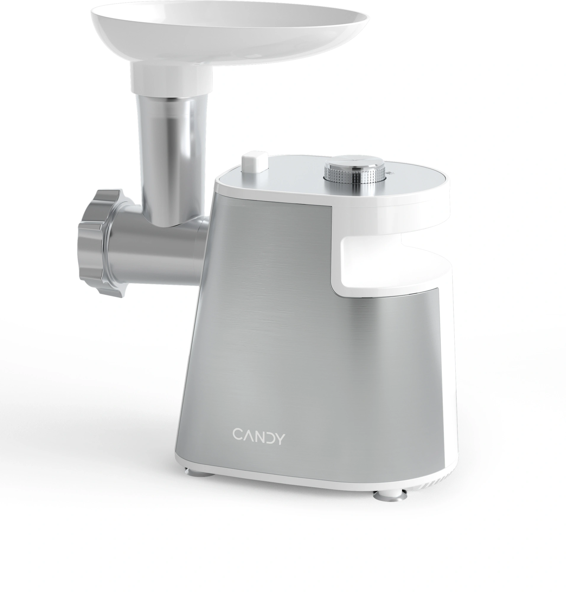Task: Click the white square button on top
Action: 255,162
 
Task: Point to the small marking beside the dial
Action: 391,173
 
